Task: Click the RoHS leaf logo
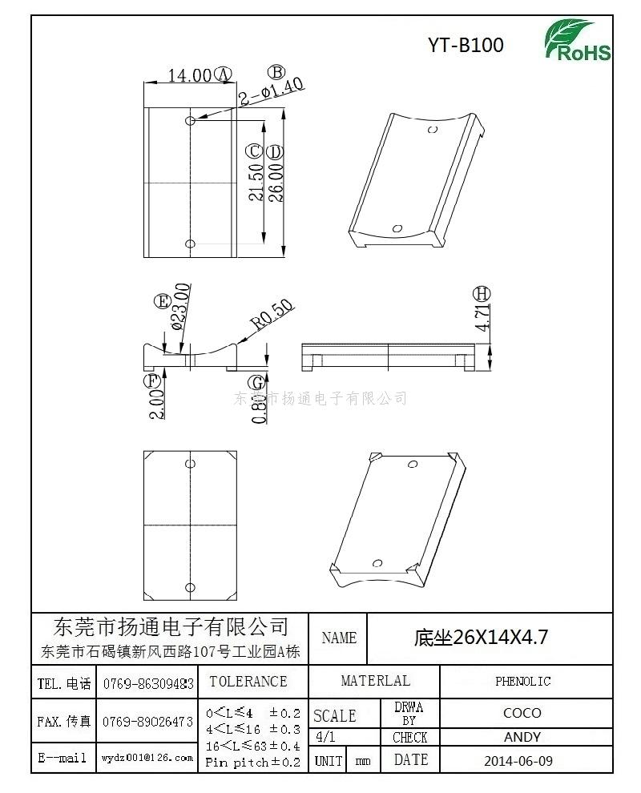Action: point(577,41)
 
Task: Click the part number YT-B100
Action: point(466,46)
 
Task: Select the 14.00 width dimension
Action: point(189,76)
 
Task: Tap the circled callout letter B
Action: point(276,73)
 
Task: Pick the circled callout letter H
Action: point(481,293)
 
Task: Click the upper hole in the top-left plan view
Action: point(190,120)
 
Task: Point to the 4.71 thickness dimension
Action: point(482,318)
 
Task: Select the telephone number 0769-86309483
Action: point(147,683)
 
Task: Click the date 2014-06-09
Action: point(518,760)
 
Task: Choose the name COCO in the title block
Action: point(522,713)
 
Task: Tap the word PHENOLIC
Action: point(522,682)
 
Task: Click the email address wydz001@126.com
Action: point(147,757)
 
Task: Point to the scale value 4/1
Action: point(326,737)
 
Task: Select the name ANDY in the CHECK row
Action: point(522,737)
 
